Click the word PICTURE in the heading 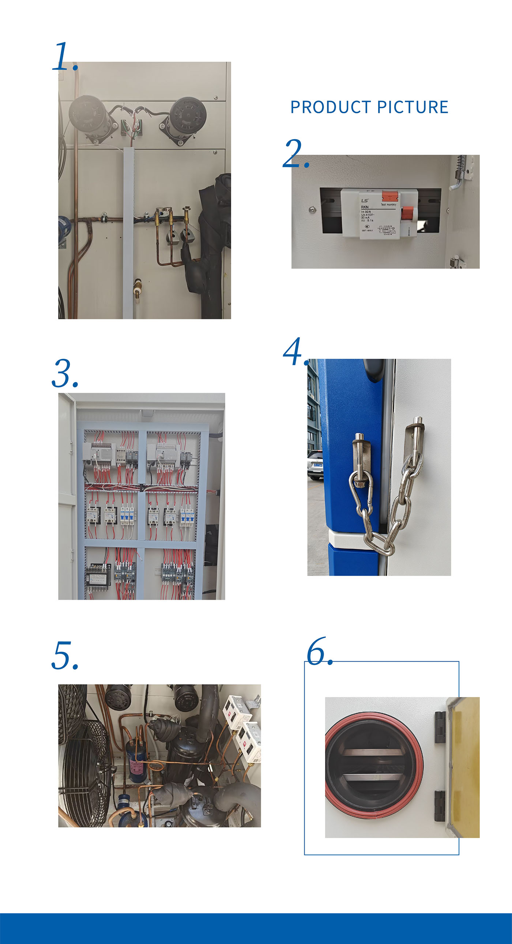(x=413, y=107)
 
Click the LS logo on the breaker (x=365, y=201)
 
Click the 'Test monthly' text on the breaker (x=388, y=205)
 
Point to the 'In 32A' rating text (x=366, y=212)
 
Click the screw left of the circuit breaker (x=312, y=210)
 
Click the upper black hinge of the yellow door (x=440, y=727)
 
